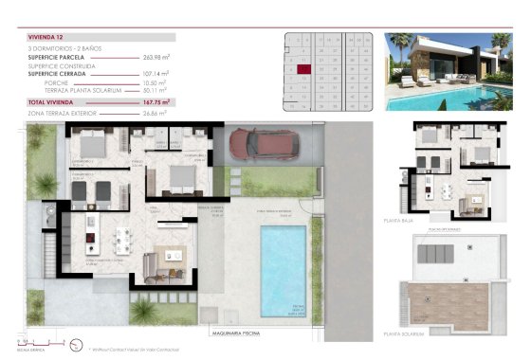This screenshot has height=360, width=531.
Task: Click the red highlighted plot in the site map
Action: pos(303,68)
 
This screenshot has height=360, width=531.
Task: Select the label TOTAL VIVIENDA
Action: pos(52,101)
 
